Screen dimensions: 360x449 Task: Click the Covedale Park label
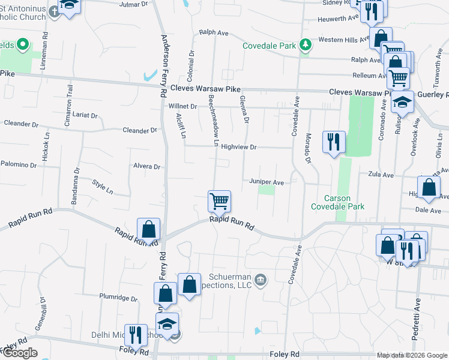(270, 46)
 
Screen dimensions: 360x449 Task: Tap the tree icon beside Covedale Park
(306, 44)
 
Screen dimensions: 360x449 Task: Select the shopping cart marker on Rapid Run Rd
(219, 200)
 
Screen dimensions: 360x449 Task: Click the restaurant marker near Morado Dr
(334, 142)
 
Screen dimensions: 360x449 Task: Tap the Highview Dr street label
(238, 147)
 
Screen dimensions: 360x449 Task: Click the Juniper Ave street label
(266, 182)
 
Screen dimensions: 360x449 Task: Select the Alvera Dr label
(147, 167)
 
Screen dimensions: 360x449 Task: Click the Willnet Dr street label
(182, 106)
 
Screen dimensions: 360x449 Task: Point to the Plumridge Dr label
(119, 297)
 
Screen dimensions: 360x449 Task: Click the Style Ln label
(103, 186)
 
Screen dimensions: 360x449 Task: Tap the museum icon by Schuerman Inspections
(261, 280)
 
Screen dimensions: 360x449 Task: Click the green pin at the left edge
(23, 44)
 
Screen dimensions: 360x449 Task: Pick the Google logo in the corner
(20, 353)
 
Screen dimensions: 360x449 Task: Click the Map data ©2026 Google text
(411, 355)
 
